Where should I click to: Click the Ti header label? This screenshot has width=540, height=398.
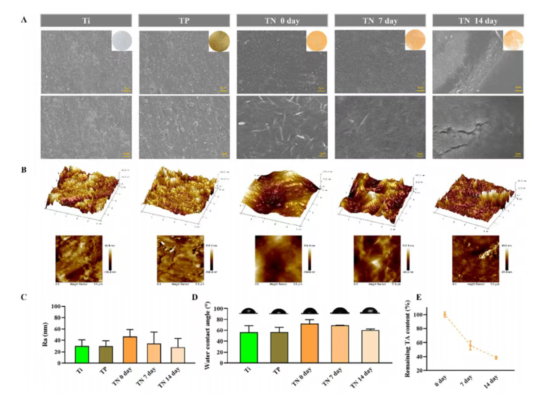(x=86, y=20)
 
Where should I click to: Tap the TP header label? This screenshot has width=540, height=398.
(x=184, y=20)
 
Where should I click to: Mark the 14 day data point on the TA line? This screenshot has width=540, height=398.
(x=495, y=358)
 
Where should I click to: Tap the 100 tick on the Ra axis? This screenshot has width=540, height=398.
(x=61, y=307)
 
